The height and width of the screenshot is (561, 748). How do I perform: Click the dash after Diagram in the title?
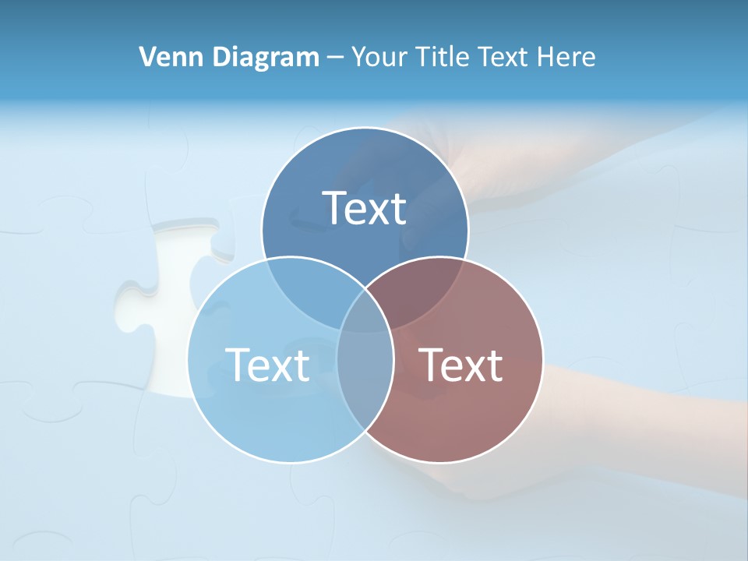pyautogui.click(x=335, y=58)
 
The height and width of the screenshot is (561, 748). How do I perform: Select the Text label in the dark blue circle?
pyautogui.click(x=365, y=208)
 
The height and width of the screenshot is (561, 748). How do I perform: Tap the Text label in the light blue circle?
pyautogui.click(x=267, y=364)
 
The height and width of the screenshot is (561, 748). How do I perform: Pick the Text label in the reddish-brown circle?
pyautogui.click(x=461, y=364)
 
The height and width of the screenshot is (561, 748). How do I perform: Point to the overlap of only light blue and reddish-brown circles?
pyautogui.click(x=365, y=390)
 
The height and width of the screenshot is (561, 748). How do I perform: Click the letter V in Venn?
pyautogui.click(x=147, y=57)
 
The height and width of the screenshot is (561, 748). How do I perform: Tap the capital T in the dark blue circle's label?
pyautogui.click(x=335, y=208)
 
